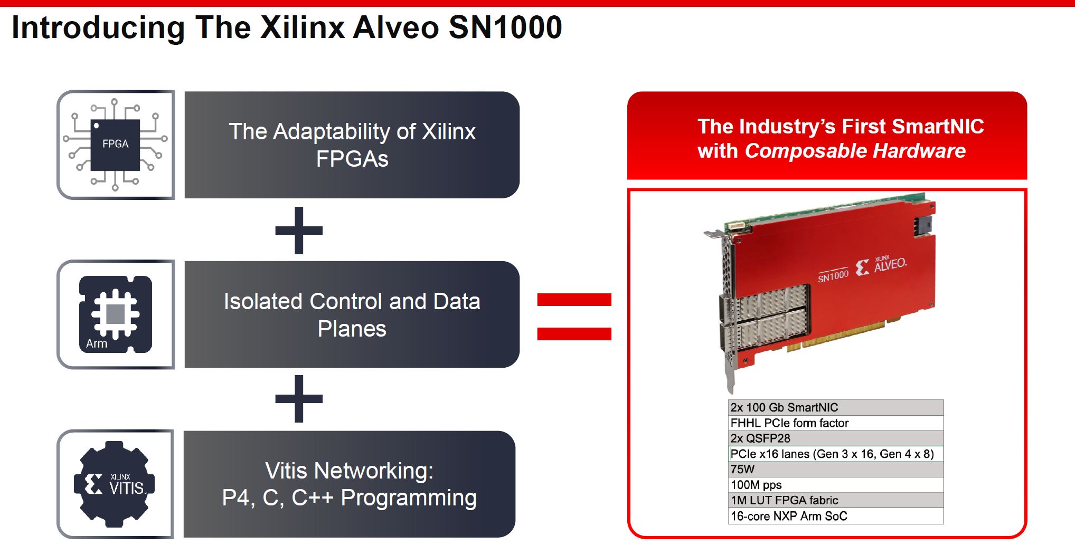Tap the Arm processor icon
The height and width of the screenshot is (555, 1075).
tap(116, 314)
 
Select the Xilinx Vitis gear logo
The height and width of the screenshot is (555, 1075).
tap(115, 484)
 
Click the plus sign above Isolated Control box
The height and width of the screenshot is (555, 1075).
tap(299, 231)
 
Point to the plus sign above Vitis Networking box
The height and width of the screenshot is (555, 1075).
tap(299, 399)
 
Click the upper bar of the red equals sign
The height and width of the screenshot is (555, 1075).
tap(574, 300)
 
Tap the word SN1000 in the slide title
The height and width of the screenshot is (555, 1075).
tap(505, 27)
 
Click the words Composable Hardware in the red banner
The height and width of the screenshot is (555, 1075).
tap(855, 151)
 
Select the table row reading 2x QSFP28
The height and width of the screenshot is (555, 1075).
tap(835, 438)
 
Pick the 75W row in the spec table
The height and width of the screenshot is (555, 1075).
tap(835, 470)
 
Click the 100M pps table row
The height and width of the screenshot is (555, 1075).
tap(835, 485)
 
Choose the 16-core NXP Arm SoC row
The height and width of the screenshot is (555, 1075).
tap(835, 516)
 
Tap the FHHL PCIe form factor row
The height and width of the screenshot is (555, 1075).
tap(835, 423)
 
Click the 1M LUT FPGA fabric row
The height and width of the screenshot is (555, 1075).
tap(835, 500)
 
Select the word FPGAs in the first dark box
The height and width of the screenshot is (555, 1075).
tap(352, 159)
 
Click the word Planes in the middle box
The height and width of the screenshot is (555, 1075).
tap(352, 329)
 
